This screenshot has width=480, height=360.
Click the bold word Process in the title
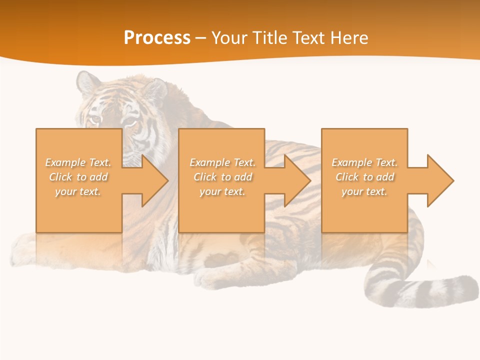tap(157, 38)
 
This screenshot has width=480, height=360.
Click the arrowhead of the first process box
tap(155, 180)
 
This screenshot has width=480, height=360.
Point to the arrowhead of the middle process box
tap(297, 180)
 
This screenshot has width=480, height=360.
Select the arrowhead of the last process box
tap(440, 180)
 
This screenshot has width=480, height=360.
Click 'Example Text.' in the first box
tap(78, 162)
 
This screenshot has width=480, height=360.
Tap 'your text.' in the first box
tap(78, 191)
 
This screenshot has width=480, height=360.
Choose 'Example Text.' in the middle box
tap(222, 162)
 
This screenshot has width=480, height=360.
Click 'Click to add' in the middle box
tap(222, 177)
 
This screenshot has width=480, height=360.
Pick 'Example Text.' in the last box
tap(364, 162)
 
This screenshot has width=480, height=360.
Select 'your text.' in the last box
tap(364, 191)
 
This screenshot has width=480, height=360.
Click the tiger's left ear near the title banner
tap(87, 81)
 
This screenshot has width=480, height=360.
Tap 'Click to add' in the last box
tap(364, 177)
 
